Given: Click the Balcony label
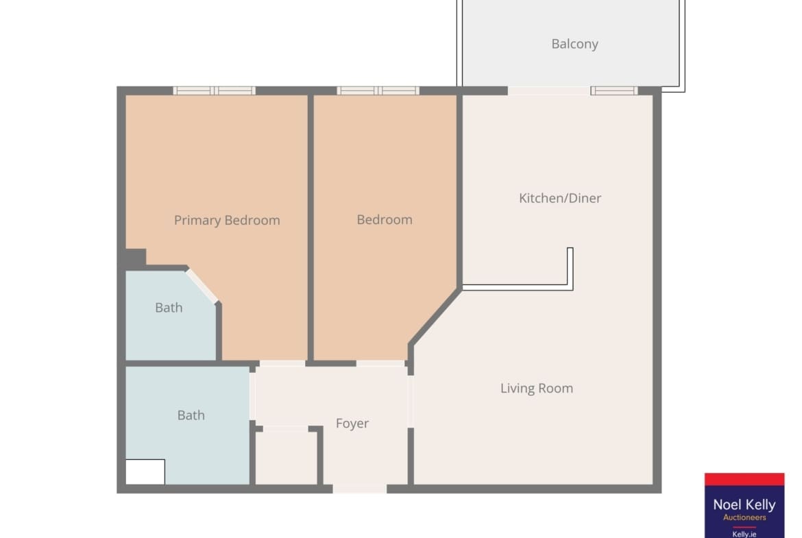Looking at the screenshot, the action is tap(574, 45).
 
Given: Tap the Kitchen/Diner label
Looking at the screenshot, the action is tap(560, 199).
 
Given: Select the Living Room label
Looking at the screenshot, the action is tap(537, 389).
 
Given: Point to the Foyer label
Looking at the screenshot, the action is tap(352, 424).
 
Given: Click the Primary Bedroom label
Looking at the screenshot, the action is tap(227, 221).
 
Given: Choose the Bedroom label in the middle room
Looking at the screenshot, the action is tap(385, 220).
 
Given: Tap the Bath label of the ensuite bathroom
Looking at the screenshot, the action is tap(169, 308).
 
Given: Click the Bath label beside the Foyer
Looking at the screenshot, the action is tap(191, 415).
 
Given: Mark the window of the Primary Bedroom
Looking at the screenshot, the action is tap(215, 91).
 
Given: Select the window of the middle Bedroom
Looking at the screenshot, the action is tap(378, 91).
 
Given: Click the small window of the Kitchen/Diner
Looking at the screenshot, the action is tap(613, 91).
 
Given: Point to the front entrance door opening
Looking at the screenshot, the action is tap(360, 489).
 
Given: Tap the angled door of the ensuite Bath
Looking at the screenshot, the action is tap(202, 286).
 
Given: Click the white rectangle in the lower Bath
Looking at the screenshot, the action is tap(145, 472).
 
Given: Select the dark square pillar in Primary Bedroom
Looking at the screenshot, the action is tap(136, 258).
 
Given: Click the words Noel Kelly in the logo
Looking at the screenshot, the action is tap(744, 505).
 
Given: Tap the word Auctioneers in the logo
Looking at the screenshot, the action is tap(744, 517).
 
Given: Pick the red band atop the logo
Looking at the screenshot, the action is tap(744, 479).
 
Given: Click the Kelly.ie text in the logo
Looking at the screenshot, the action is tap(744, 534).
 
